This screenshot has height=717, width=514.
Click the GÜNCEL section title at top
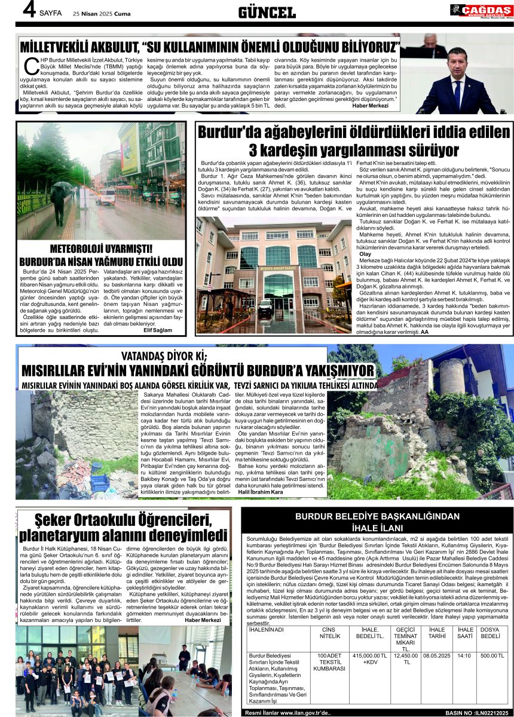pyautogui.click(x=267, y=13)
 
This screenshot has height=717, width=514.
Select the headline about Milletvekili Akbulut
pyautogui.click(x=209, y=47)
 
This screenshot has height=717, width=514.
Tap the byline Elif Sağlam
pyautogui.click(x=158, y=329)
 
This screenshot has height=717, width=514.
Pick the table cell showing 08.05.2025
pyautogui.click(x=437, y=655)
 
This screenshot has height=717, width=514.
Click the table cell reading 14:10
pyautogui.click(x=464, y=655)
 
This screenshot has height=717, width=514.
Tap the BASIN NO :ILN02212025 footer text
pyautogui.click(x=479, y=712)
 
